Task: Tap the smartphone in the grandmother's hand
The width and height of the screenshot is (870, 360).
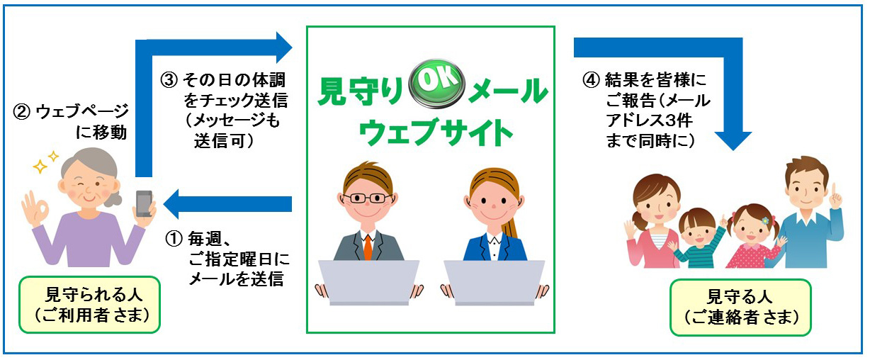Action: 144,203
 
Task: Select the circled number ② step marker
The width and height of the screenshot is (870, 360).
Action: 21,112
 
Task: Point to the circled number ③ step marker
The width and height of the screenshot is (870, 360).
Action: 169,81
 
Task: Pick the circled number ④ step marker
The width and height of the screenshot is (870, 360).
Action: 591,80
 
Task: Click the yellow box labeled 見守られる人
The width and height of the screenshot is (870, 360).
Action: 90,305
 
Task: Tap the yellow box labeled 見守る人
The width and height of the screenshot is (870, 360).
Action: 740,307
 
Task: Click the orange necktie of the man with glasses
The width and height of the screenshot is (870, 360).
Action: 368,247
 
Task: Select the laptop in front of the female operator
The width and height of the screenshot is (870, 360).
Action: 494,282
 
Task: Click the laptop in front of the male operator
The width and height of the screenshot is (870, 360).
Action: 368,282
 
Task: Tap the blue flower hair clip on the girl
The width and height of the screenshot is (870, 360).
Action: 764,220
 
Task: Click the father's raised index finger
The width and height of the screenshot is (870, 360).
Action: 832,191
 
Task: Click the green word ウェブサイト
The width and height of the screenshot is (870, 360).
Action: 436,132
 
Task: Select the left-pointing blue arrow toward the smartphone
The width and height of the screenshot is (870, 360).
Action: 227,204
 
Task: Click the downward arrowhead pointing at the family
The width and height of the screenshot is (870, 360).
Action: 733,140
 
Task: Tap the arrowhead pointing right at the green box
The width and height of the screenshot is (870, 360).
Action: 284,47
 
